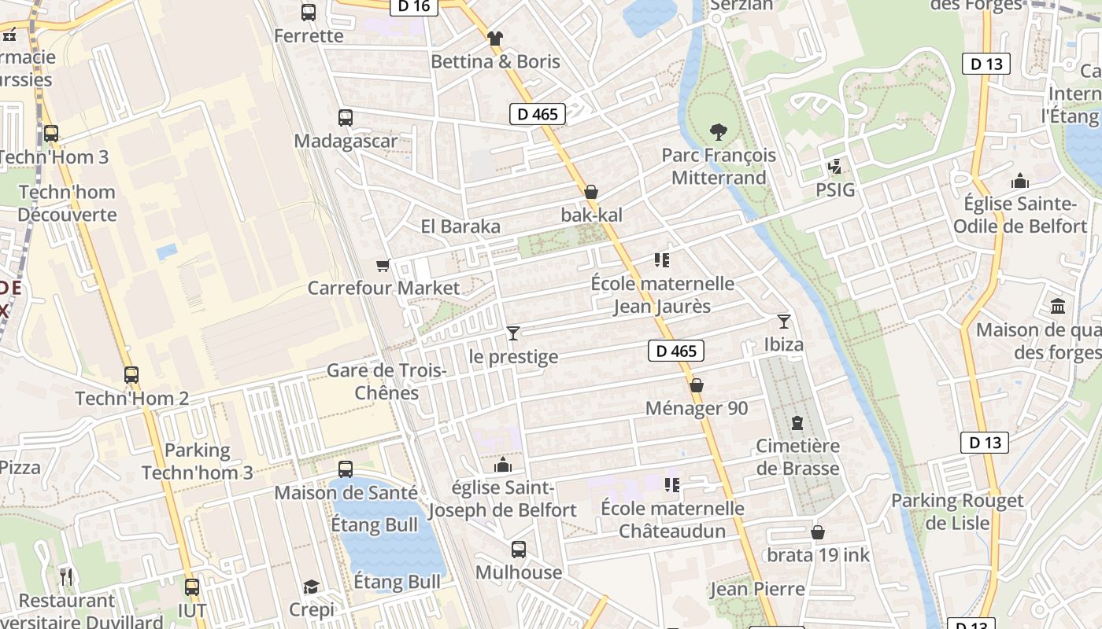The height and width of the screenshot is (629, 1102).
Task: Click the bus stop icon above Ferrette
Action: tap(308, 13)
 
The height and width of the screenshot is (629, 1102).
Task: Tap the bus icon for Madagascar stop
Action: tap(345, 118)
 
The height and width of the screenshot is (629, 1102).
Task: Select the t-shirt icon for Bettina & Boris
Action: tap(494, 38)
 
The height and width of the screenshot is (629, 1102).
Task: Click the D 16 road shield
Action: tap(413, 6)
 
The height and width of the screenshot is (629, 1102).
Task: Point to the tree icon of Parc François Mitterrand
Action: tap(718, 131)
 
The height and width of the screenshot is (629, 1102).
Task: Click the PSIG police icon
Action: tap(834, 167)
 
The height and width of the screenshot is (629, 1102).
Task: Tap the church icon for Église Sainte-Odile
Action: tap(1020, 181)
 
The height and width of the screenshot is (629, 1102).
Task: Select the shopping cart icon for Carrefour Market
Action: tap(383, 266)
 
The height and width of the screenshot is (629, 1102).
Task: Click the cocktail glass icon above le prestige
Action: tap(513, 333)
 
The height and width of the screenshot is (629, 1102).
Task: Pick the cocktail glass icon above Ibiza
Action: tap(783, 321)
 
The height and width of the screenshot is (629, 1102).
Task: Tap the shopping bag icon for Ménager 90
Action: tap(696, 385)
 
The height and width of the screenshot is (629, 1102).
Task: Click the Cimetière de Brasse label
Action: tap(797, 457)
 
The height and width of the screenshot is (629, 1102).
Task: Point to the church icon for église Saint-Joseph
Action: tap(502, 465)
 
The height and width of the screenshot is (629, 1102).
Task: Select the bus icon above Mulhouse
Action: tap(518, 550)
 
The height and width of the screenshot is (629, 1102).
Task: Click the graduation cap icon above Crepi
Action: tap(312, 587)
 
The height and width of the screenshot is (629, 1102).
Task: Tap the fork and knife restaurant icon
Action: tap(66, 577)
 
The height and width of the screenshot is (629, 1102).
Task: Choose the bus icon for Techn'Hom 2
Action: tap(131, 375)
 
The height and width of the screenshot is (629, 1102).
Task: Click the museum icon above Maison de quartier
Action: tap(1058, 306)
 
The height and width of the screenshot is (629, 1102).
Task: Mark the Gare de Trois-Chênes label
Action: tap(386, 381)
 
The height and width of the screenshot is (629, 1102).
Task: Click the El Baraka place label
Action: tap(460, 226)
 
